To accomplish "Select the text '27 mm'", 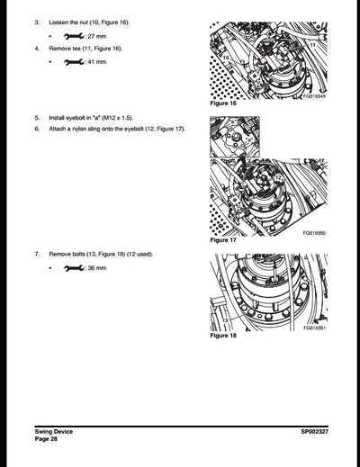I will tap(97, 34).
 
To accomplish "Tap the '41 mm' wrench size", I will tap(97, 62).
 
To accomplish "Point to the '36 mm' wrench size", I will tap(97, 268).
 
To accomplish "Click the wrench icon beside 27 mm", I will tap(75, 34).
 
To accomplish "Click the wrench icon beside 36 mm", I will tap(75, 268).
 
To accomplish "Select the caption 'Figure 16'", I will tap(222, 104).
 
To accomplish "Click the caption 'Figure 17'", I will tap(222, 241).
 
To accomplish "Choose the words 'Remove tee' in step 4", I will tap(66, 48).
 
